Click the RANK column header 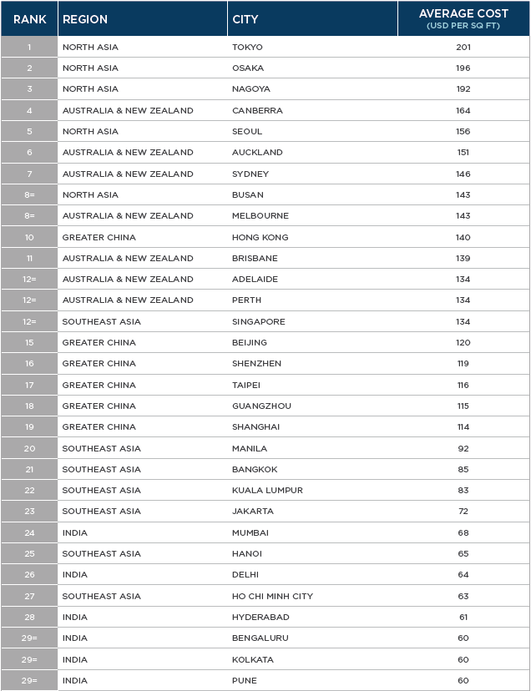tap(29, 19)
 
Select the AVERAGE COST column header tap(463, 19)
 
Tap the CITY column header tap(245, 19)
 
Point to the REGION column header tap(85, 19)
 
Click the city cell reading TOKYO tap(247, 47)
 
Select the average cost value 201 tap(463, 47)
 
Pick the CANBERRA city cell tap(257, 110)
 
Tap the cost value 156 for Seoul tap(463, 131)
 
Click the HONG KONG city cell tap(260, 237)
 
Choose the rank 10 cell tap(29, 237)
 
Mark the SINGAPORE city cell tap(259, 321)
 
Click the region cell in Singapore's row tap(102, 321)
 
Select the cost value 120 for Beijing tap(463, 342)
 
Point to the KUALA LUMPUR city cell tap(267, 490)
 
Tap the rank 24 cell tap(29, 532)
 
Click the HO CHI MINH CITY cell tap(272, 596)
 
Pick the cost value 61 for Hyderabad tap(463, 617)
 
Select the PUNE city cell tap(245, 680)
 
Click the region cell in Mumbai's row tap(74, 532)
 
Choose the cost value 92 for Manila tap(463, 448)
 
